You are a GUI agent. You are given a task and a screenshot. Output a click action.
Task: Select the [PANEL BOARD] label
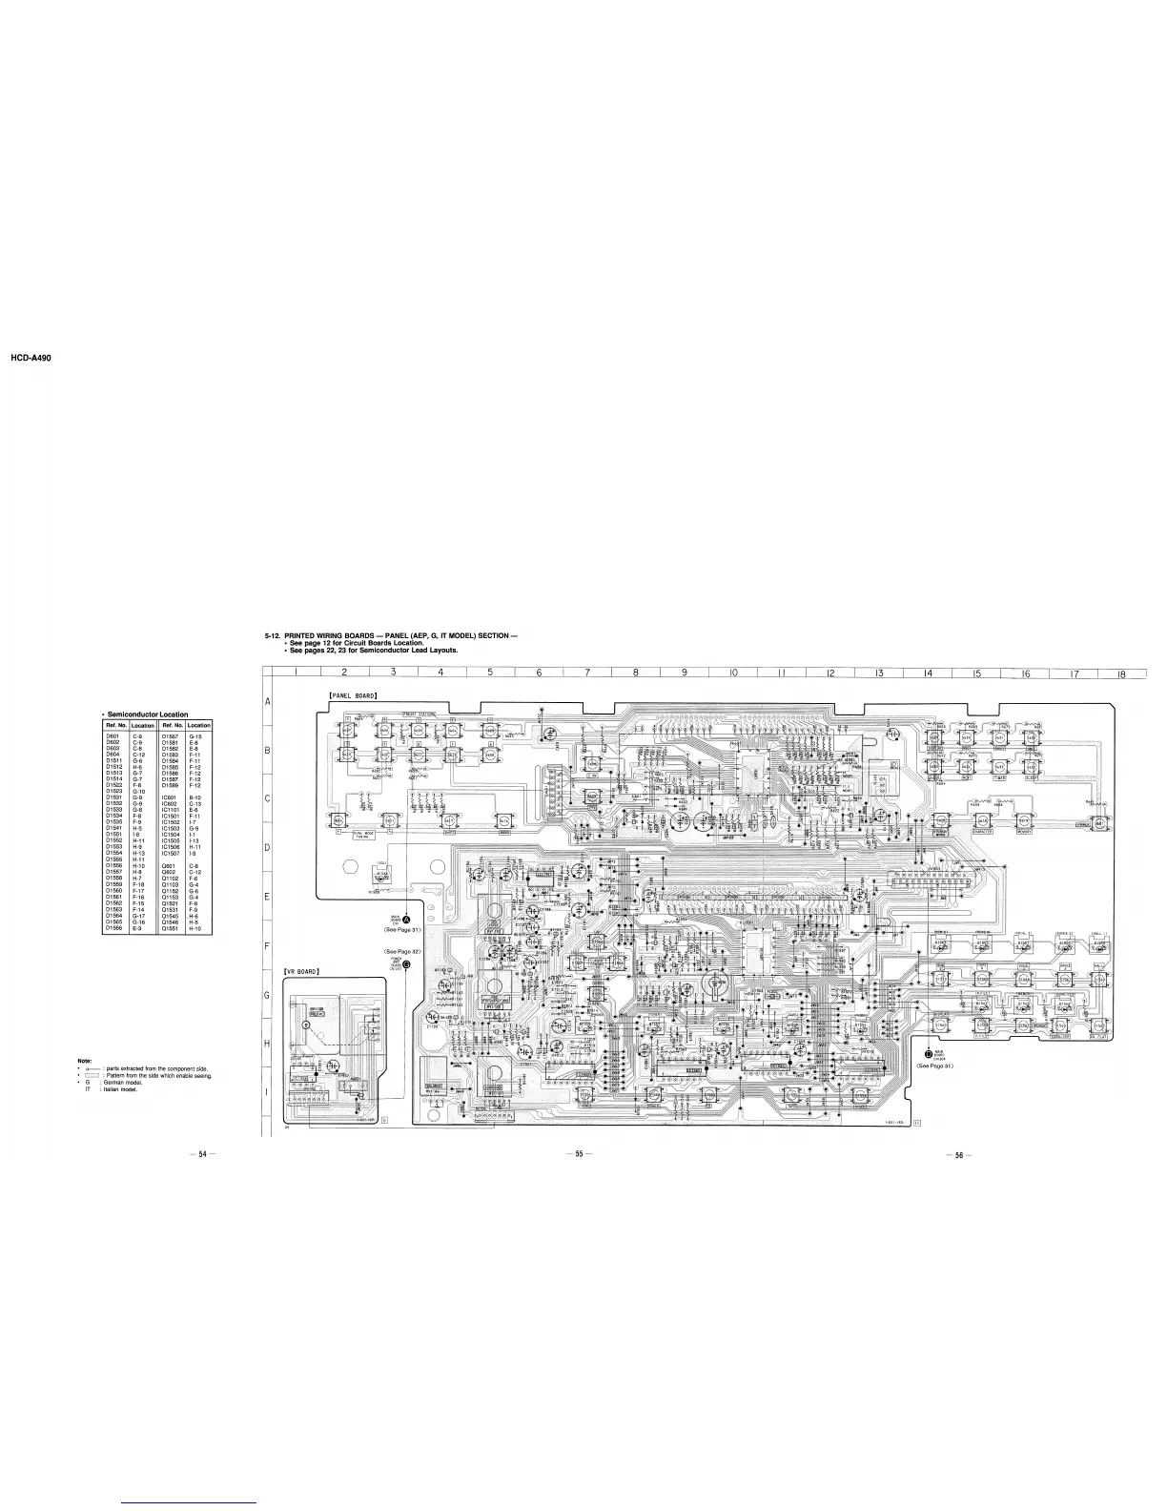coord(354,695)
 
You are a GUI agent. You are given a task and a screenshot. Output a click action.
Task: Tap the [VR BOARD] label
coord(302,971)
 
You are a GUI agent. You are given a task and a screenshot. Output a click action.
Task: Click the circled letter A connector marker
coord(406,919)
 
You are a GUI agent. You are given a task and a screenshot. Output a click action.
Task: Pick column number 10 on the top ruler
coord(734,673)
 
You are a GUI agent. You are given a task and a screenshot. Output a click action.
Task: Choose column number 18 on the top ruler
coord(1122,673)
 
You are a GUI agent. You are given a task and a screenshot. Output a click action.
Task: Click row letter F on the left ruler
coord(268,947)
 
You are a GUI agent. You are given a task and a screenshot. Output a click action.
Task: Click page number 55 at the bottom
coord(578,1154)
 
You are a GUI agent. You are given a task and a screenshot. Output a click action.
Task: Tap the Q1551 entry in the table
coord(172,928)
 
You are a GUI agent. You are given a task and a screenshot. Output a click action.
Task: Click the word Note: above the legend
coord(84,1062)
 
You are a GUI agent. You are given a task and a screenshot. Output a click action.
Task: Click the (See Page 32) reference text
coord(401,952)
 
